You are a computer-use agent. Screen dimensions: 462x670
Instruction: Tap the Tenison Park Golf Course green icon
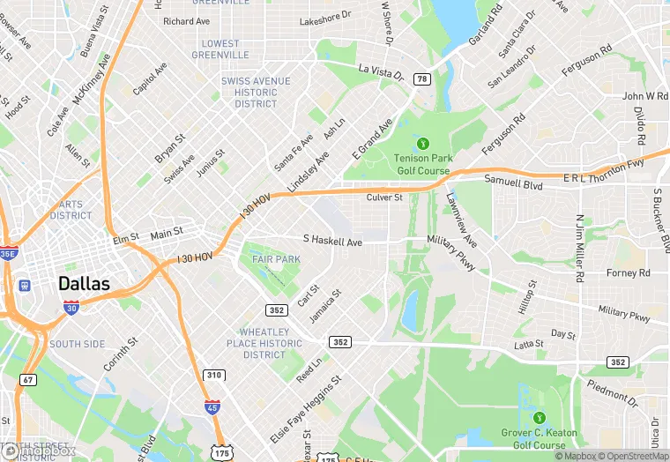[423, 142]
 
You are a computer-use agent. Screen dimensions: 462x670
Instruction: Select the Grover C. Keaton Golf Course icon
[539, 417]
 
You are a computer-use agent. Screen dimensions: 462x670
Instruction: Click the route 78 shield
[422, 79]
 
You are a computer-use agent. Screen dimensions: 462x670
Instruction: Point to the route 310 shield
[213, 376]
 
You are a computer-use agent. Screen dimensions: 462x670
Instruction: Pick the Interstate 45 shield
[212, 406]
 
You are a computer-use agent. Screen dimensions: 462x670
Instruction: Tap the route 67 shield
[28, 380]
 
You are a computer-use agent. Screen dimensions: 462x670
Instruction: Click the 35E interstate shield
[8, 254]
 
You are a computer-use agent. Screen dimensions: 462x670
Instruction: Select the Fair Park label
[276, 259]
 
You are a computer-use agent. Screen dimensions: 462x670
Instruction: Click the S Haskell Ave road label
[332, 241]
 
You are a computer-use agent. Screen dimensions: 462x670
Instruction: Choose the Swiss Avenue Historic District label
[256, 93]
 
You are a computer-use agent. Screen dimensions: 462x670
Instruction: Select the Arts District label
[71, 210]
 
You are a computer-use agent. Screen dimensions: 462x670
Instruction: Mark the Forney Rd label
[628, 273]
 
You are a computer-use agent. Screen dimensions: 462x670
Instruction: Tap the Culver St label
[384, 197]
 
